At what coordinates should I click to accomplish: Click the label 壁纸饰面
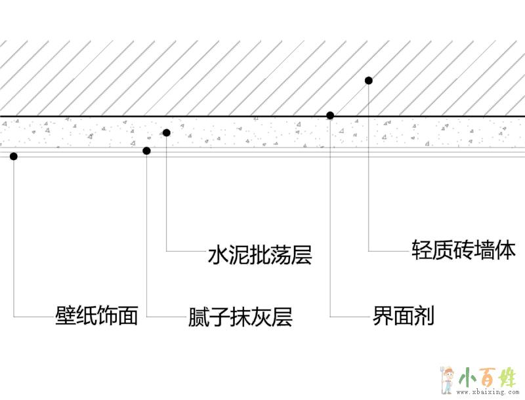pos(96,317)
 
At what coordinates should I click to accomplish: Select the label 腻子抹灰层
pos(239,317)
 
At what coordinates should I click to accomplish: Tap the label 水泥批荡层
pos(259,254)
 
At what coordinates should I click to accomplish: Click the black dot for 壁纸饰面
pos(14,156)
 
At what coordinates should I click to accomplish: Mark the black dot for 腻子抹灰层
pos(146,151)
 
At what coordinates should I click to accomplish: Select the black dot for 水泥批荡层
pos(167,132)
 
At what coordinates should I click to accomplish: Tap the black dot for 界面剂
pos(330,115)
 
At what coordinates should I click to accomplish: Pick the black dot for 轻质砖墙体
pos(369,81)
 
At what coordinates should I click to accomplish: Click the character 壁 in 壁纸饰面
pos(64,317)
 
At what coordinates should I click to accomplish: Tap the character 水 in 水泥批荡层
pos(217,254)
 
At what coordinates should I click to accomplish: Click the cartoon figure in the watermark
pos(448,379)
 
